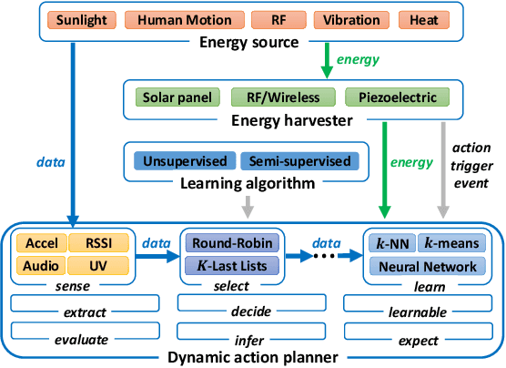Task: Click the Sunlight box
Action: coord(83,19)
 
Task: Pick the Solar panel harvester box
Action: coord(177,97)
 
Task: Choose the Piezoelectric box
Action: coord(390,97)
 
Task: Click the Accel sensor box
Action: coord(41,244)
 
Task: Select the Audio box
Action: coord(41,266)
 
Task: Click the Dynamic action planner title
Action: coord(252,358)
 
